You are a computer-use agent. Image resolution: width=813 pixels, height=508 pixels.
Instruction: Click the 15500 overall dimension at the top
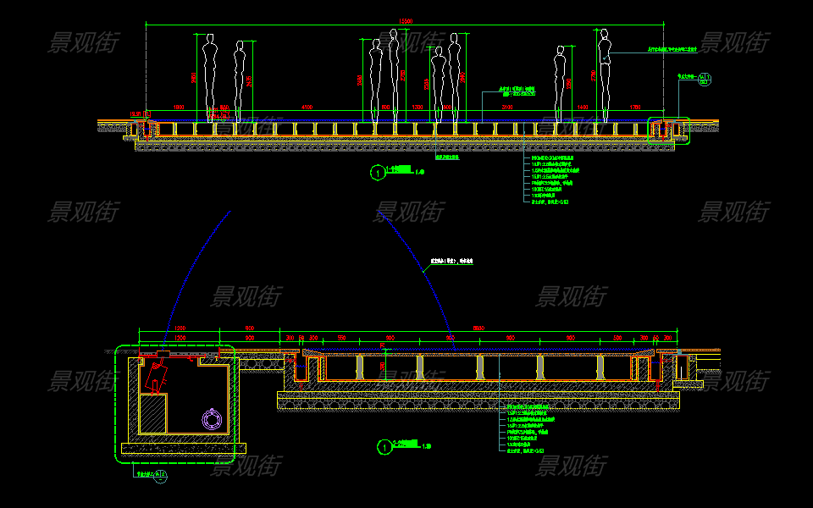[406, 20]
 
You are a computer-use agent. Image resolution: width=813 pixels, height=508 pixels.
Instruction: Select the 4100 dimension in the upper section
[307, 108]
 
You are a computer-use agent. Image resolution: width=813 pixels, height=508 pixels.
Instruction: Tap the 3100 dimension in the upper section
[506, 108]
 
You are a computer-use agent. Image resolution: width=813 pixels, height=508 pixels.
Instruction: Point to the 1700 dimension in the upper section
[635, 108]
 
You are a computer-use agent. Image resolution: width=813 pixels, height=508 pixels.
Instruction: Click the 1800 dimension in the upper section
[179, 108]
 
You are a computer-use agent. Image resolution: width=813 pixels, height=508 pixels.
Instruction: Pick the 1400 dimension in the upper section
[582, 108]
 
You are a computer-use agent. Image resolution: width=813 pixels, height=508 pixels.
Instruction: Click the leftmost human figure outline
[208, 76]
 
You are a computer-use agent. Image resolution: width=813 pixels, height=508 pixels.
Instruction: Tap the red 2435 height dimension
[249, 81]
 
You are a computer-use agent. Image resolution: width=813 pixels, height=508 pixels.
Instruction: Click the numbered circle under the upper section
[377, 173]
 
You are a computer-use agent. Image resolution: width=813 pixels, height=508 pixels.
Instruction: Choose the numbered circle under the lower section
[385, 446]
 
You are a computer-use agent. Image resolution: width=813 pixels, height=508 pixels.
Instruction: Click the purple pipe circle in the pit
[210, 418]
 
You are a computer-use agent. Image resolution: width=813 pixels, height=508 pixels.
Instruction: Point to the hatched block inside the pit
[152, 415]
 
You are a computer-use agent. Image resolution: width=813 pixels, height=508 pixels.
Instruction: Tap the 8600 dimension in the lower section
[478, 328]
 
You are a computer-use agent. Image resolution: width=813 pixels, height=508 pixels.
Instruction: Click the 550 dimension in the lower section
[341, 338]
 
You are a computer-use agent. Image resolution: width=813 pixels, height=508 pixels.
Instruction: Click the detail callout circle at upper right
[706, 80]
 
